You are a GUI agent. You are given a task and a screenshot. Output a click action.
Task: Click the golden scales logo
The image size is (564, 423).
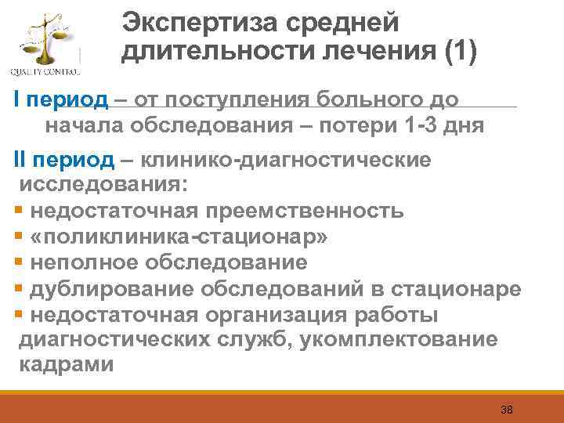46,39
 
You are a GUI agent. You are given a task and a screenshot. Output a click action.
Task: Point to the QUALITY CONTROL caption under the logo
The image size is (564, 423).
45,72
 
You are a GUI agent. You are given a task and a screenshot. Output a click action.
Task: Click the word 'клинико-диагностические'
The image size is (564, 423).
286,160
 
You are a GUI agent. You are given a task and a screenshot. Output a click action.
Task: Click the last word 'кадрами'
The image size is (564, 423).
66,365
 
